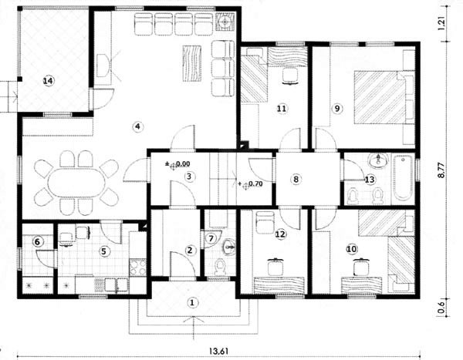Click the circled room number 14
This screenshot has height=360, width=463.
coord(49,81)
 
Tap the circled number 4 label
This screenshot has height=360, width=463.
coord(137,127)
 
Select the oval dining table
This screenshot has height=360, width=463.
coord(76,183)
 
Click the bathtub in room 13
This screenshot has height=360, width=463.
coord(403,178)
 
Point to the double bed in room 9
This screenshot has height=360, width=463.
coord(380,97)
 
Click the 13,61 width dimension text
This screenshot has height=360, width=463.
coord(219,352)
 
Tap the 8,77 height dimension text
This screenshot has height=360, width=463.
coord(441,170)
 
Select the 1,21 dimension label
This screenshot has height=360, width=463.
coord(441,23)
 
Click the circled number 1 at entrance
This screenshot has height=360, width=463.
coord(192,303)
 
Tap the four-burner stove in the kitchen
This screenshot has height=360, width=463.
coord(137,267)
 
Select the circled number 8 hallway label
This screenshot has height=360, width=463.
coord(296,179)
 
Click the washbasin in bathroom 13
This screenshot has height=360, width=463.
coord(378,160)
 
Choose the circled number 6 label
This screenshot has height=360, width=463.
coord(38,242)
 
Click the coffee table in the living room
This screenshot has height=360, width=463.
coord(192,63)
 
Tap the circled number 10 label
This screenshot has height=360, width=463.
coord(351,249)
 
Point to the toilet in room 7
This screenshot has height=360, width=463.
coord(219,266)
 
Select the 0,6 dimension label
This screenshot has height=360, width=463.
coord(441,307)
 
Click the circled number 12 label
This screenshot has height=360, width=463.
coord(281,234)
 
